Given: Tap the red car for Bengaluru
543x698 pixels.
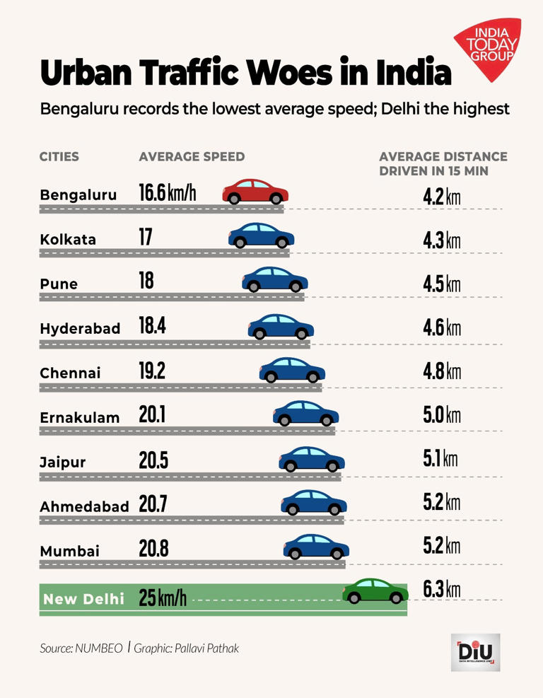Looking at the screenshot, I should click(x=255, y=191).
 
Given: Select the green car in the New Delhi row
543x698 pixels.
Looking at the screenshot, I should click(x=375, y=591).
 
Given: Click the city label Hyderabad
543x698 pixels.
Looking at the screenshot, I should click(x=80, y=329).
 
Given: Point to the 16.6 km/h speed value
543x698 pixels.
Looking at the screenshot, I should click(x=167, y=193).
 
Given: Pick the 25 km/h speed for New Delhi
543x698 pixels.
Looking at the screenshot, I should click(x=163, y=599).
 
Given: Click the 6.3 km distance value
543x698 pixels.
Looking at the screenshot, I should click(x=441, y=589).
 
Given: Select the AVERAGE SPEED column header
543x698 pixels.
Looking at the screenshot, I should click(x=192, y=156).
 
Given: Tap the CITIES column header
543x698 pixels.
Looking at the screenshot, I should click(x=59, y=156).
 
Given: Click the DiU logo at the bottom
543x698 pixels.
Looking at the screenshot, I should click(x=475, y=652).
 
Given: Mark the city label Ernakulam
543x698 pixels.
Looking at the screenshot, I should click(x=80, y=417).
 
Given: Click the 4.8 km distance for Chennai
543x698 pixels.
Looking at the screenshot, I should click(x=441, y=372).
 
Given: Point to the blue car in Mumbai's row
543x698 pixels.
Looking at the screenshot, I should click(x=316, y=546).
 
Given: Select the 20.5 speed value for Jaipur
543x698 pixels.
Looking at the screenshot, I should click(x=153, y=460).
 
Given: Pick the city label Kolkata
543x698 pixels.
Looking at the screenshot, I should click(x=68, y=239).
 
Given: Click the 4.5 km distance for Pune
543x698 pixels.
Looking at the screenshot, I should click(x=441, y=283).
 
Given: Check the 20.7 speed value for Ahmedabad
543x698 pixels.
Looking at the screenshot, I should click(x=153, y=505).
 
